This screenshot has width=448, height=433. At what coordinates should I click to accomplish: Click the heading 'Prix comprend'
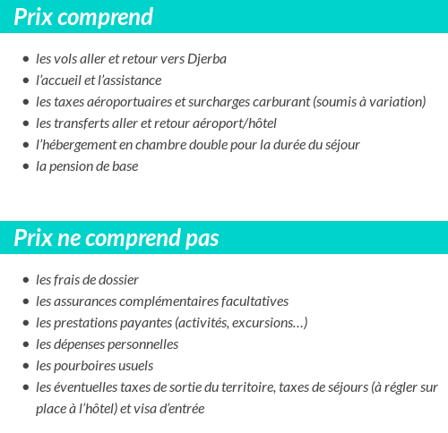(x=83, y=17)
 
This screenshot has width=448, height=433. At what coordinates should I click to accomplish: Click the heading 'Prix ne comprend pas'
(x=116, y=239)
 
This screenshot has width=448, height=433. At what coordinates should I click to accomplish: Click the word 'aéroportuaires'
(x=132, y=102)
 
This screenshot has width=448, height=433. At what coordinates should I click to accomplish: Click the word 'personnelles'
(x=142, y=344)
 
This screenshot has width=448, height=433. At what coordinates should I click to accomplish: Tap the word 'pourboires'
(x=87, y=366)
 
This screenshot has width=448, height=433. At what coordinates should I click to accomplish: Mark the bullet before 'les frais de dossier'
(x=25, y=281)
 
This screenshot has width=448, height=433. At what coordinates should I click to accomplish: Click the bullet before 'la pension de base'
(x=25, y=167)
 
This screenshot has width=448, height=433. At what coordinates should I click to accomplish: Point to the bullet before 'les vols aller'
(x=25, y=60)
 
